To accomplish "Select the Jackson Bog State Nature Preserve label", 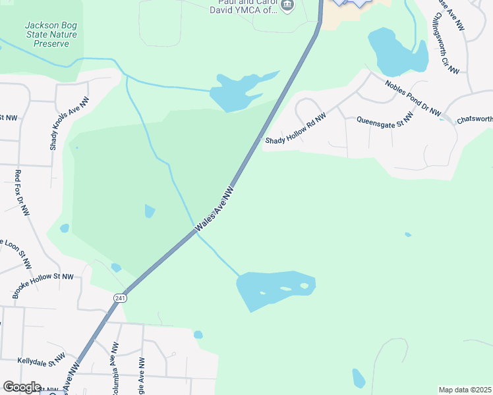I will [x=47, y=34].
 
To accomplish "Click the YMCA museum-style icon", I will [x=287, y=6].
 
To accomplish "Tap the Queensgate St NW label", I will [x=385, y=118].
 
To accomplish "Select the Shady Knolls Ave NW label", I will [x=70, y=123].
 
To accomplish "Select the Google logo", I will [x=21, y=387].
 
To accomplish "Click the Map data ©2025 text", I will [x=465, y=390].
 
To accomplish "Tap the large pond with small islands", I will [x=274, y=288].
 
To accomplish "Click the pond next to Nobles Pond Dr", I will [x=395, y=53].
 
